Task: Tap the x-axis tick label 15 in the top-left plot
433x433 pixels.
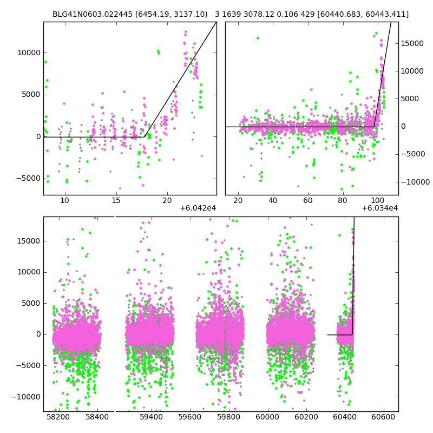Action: tap(116, 201)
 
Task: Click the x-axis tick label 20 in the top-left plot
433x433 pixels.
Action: tap(167, 201)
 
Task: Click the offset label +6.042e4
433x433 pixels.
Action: tap(198, 208)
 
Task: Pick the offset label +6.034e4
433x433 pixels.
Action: tap(380, 208)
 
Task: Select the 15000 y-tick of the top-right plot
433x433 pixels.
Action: tap(414, 43)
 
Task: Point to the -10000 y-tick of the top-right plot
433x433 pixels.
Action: tap(415, 182)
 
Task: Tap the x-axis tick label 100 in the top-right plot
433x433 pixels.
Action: tap(378, 201)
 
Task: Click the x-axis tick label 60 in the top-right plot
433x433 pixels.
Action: tap(308, 201)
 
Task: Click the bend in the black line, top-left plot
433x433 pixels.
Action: tap(146, 136)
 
